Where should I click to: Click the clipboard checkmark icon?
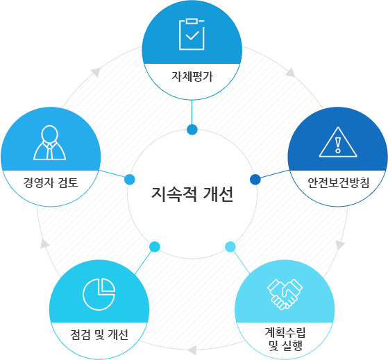pos(192,34)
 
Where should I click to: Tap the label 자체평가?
pos(192,76)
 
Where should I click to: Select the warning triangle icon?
pos(338,142)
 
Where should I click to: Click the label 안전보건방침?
pos(338,182)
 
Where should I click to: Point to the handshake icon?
pos(285,294)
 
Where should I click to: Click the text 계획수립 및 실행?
pos(285,338)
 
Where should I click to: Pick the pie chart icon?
pos(99,294)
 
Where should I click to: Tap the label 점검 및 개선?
pos(99,335)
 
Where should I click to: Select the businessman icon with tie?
pos(50,142)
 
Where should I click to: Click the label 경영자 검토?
pos(51,182)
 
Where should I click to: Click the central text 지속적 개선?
pos(192,194)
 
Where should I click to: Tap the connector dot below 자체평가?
pos(192,130)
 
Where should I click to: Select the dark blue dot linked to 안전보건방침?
pos(255,180)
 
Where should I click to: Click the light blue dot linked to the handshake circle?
pos(230,247)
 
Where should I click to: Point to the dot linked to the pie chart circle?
pos(155,247)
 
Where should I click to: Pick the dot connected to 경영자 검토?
pos(130,180)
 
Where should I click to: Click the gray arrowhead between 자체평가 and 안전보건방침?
pos(291,72)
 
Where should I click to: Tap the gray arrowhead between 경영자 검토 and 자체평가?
pos(96,71)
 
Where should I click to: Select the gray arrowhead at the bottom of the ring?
pos(192,350)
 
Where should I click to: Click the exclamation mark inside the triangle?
pos(338,145)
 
